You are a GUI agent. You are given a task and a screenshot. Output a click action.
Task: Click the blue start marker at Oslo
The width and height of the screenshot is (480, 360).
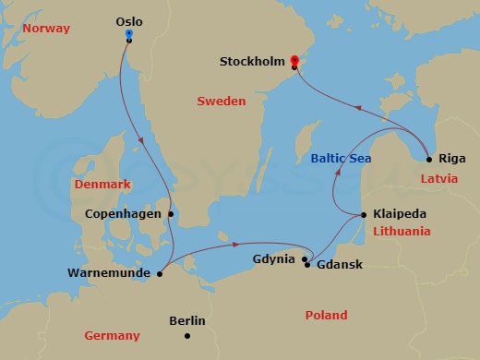click(128, 34)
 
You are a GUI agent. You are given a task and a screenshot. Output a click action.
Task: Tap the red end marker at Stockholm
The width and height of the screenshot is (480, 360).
click(294, 58)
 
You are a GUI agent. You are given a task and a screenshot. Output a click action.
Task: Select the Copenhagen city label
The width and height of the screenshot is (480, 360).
click(123, 213)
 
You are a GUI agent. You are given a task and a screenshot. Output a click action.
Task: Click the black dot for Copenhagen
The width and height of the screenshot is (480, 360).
click(171, 214)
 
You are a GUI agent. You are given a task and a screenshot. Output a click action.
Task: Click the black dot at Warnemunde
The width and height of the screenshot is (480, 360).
click(160, 273)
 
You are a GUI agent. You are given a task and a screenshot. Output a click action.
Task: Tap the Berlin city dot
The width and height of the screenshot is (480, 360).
click(187, 337)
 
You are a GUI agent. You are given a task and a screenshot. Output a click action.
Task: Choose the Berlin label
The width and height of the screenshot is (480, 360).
click(187, 321)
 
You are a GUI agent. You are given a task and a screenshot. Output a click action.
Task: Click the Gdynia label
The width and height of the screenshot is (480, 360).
click(274, 258)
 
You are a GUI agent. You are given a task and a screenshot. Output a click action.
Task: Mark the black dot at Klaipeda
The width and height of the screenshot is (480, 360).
click(364, 215)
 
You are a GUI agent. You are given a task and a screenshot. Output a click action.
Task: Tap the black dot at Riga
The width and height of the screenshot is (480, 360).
click(429, 159)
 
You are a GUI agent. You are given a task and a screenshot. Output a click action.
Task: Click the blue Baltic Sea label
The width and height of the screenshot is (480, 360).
click(341, 159)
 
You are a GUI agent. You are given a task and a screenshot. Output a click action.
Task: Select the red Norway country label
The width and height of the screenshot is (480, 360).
click(46, 29)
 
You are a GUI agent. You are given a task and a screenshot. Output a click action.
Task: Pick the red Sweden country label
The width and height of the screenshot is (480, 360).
click(221, 101)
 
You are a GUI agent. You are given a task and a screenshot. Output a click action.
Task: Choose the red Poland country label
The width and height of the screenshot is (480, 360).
click(326, 316)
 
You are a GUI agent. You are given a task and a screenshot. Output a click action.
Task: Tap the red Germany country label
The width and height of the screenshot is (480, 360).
click(112, 336)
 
